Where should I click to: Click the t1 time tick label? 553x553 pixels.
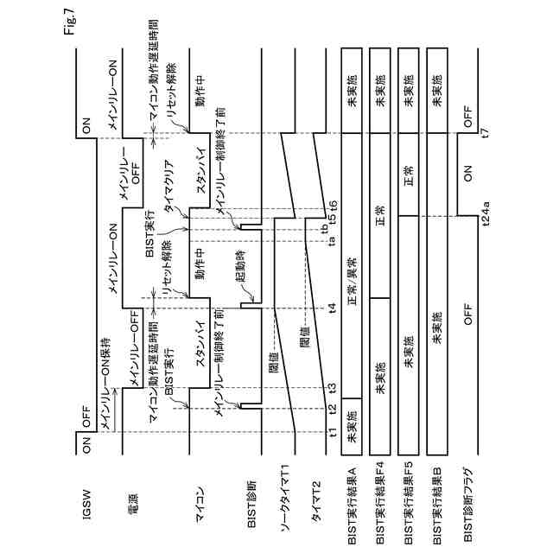pyautogui.click(x=333, y=432)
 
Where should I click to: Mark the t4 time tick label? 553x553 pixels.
pyautogui.click(x=333, y=308)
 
